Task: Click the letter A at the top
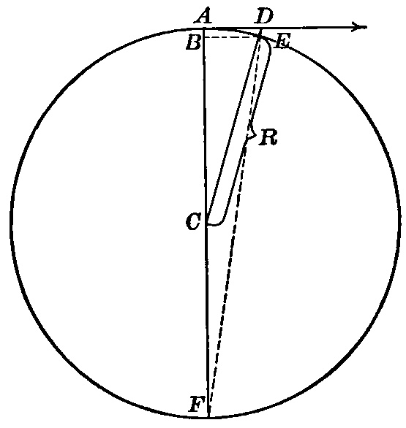coord(203,17)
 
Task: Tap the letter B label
coord(194,42)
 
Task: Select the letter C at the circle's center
coord(194,221)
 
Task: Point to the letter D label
coord(263,17)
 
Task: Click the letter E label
coord(282,42)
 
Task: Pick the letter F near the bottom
coord(198,405)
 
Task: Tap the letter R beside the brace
coord(269,137)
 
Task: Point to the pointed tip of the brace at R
coord(255,134)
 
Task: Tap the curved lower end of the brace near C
coord(217,223)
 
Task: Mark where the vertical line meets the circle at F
coord(208,417)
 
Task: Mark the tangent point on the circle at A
coord(203,28)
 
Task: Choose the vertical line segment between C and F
coord(207,319)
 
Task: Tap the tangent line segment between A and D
coord(233,27)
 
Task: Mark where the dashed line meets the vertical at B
coord(203,37)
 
